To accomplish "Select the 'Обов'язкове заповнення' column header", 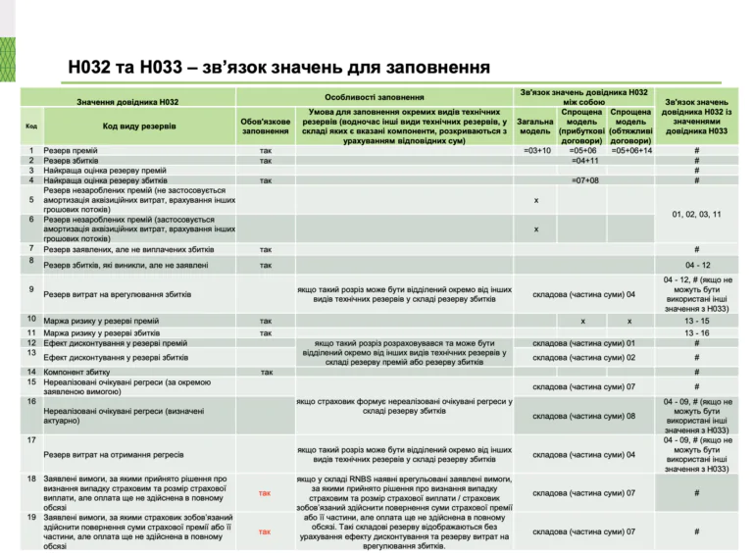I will [x=265, y=125].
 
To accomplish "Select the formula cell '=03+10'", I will [x=537, y=150].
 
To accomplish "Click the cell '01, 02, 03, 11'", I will [x=697, y=214].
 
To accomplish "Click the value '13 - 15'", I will [x=696, y=321].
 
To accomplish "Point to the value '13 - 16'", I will [x=696, y=333].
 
